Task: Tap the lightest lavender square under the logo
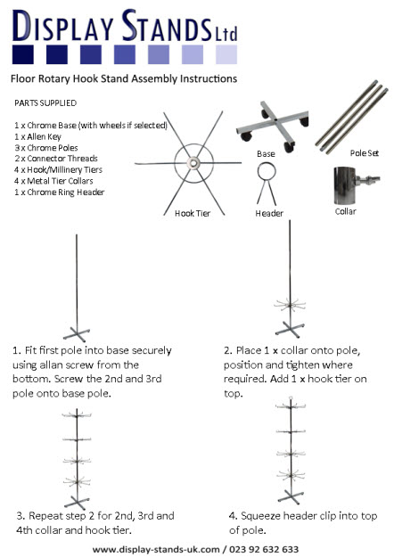coord(226,55)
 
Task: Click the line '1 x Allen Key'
coord(42,136)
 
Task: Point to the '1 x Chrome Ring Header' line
coord(61,192)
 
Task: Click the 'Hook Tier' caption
coord(192,213)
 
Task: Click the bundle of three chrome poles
coord(355,112)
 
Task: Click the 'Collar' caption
coord(346,212)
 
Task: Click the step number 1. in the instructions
coord(17,349)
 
